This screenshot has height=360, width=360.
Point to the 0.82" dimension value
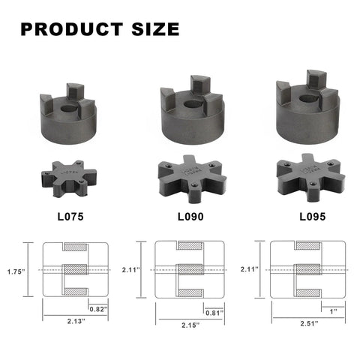pyautogui.click(x=97, y=308)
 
